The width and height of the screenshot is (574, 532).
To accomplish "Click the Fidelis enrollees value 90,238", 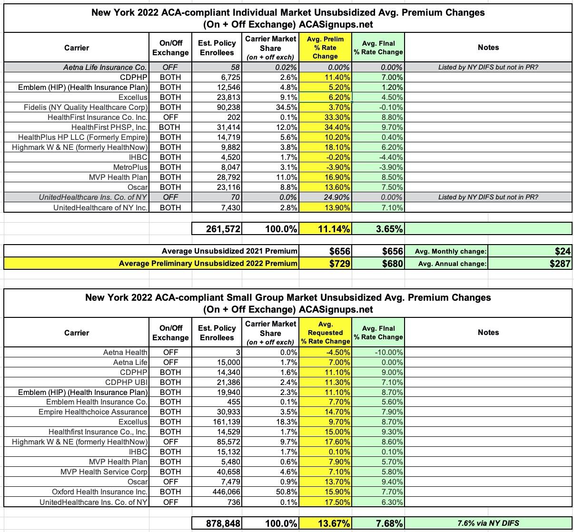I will click(227, 107).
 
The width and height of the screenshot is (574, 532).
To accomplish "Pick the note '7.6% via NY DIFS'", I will click(488, 523).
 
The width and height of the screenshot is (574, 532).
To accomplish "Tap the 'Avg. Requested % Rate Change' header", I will click(325, 333).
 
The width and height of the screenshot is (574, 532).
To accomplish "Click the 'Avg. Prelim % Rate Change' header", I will click(325, 48).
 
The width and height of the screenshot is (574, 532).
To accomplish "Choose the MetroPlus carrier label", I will click(130, 167).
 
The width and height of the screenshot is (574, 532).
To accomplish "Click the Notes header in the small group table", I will click(488, 333).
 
